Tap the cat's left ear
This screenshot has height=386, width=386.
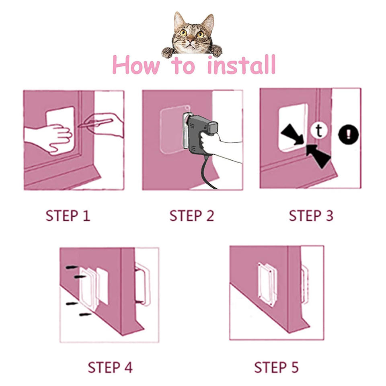tap(179, 20)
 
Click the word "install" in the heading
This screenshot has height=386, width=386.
tap(241, 65)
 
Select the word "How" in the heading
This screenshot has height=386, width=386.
tap(136, 65)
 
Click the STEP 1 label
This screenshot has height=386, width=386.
tap(68, 216)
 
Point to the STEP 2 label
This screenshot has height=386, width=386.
tap(192, 216)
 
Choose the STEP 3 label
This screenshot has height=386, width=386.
tap(311, 216)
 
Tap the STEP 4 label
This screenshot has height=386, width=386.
tap(110, 368)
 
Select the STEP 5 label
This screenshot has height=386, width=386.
tap(276, 368)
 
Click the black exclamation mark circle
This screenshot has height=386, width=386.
tap(348, 134)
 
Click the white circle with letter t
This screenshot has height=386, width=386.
tap(319, 131)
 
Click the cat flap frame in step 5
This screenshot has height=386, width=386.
tap(267, 284)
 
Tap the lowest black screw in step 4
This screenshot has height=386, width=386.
tap(85, 314)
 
